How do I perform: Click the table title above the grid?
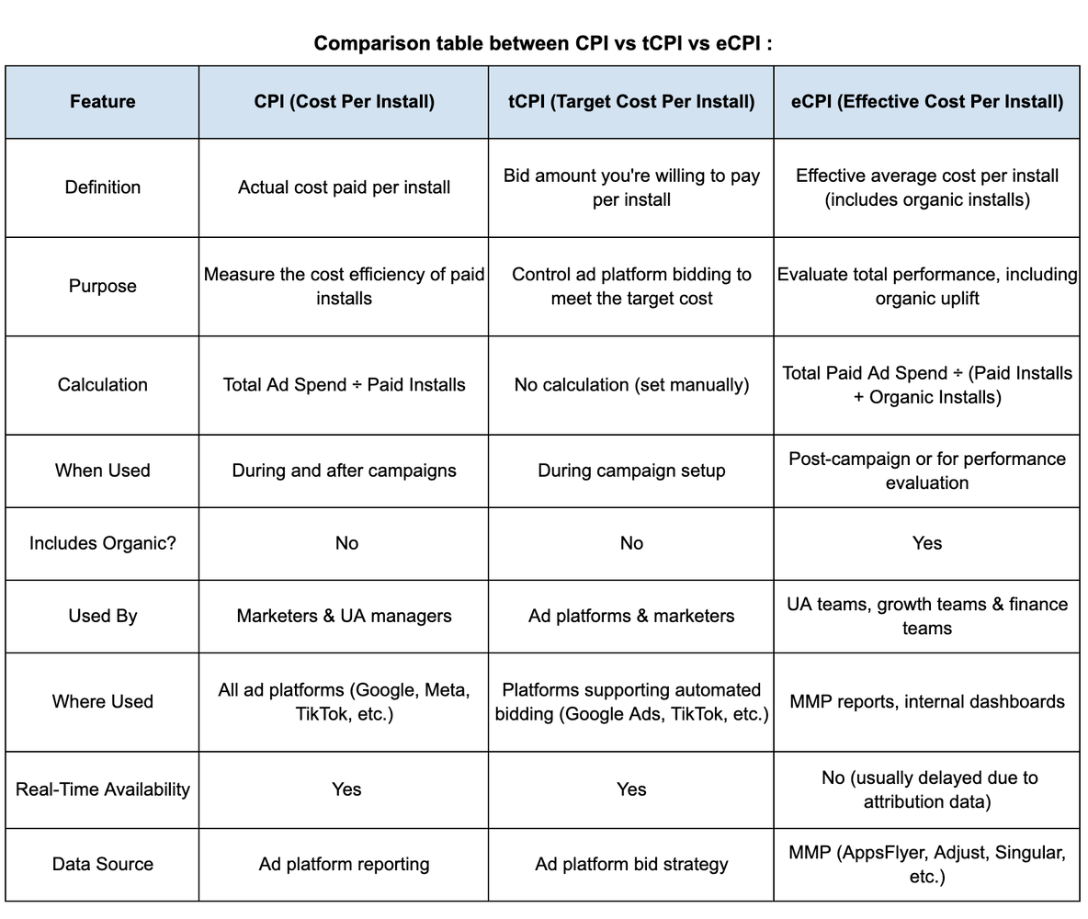(x=542, y=43)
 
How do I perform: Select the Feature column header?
(x=102, y=101)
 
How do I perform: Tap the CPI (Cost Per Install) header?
(x=344, y=101)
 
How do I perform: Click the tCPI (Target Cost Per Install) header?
(x=631, y=101)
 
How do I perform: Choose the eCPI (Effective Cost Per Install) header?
(x=926, y=101)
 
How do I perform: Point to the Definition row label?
(x=102, y=187)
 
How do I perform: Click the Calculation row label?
(x=102, y=385)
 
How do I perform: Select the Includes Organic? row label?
(x=102, y=543)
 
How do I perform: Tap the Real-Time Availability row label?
(x=102, y=789)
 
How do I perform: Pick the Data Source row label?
(x=102, y=864)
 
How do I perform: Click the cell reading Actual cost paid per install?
(x=344, y=187)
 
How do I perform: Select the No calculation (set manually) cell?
(x=631, y=385)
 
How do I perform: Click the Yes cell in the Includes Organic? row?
(x=926, y=543)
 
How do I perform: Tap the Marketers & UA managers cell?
(x=344, y=616)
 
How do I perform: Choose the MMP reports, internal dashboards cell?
(x=926, y=702)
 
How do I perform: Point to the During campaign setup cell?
(x=631, y=471)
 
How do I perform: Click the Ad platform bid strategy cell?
(x=631, y=864)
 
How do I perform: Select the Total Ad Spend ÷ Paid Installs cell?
(x=344, y=385)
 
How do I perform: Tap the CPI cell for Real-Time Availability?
(x=346, y=789)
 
